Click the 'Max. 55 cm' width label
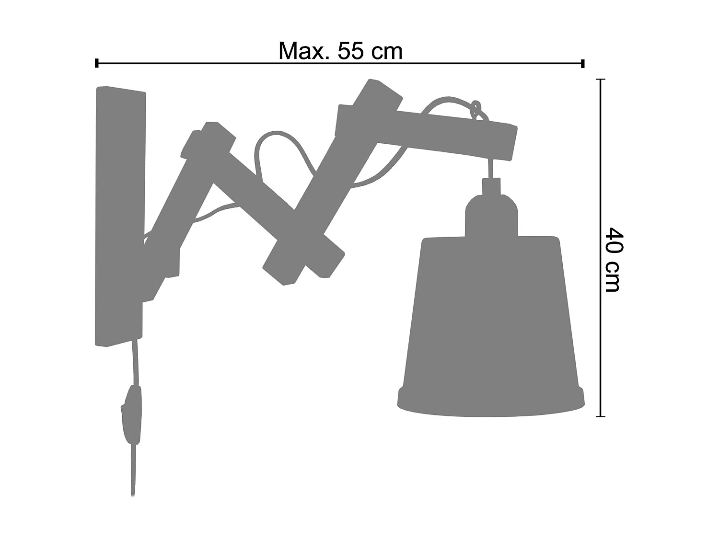340,51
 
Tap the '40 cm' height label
613,260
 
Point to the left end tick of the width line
97,63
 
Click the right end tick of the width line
583,63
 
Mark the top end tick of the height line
600,80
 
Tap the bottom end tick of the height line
600,416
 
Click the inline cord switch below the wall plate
132,415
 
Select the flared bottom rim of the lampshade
491,405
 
